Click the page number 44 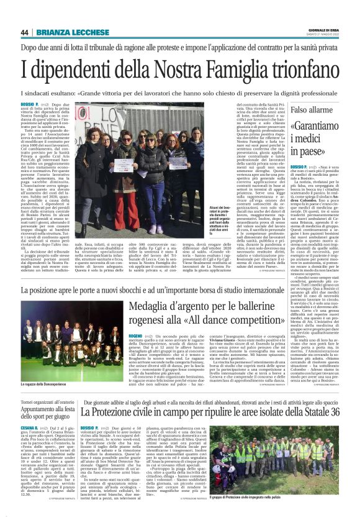[24, 32]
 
